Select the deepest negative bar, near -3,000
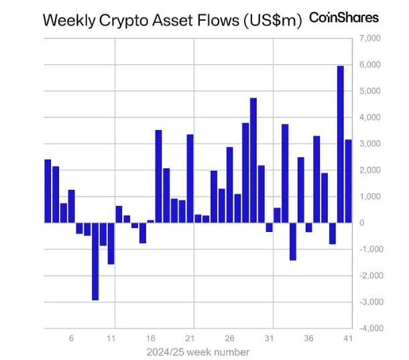click(x=95, y=261)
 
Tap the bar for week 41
click(x=348, y=181)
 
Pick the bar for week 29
click(x=253, y=160)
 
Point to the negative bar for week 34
click(x=292, y=241)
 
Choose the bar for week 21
click(x=190, y=178)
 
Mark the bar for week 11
click(x=111, y=243)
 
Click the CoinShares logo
click(x=343, y=18)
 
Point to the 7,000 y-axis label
click(x=370, y=39)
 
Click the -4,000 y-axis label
click(x=369, y=328)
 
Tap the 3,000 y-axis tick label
click(x=370, y=144)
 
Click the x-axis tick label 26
click(x=229, y=339)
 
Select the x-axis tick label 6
click(x=72, y=339)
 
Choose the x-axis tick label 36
click(x=308, y=339)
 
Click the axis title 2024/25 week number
click(x=198, y=352)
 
